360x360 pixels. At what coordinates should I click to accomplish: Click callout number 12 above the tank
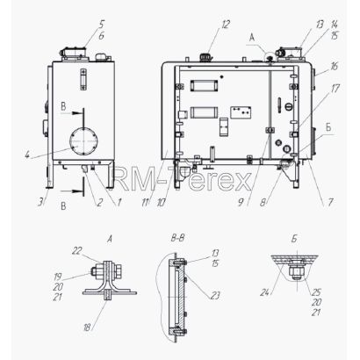tap(226, 25)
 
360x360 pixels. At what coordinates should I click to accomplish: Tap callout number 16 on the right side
tap(334, 67)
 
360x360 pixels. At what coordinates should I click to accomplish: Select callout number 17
tap(335, 89)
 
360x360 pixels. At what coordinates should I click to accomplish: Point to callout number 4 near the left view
tap(27, 155)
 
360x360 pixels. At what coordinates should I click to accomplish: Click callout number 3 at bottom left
tap(41, 202)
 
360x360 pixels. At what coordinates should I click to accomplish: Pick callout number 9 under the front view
tap(241, 202)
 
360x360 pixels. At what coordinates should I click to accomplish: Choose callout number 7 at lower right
tap(330, 202)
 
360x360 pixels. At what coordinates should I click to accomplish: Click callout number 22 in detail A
tap(77, 251)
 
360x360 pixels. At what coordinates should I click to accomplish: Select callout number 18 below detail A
tap(87, 327)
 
